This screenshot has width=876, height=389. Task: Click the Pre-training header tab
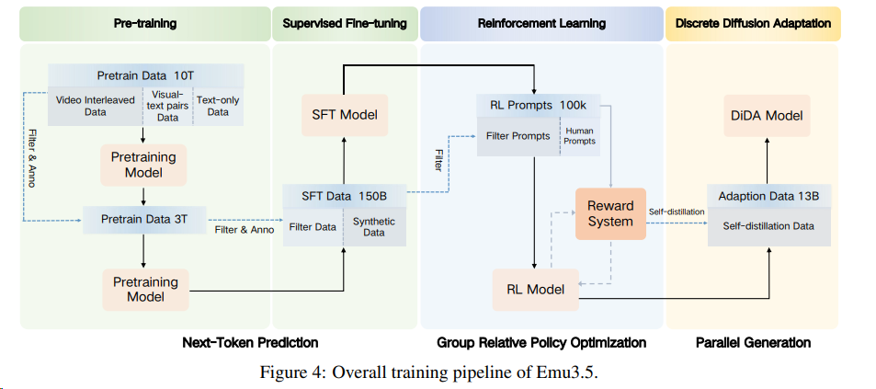(144, 22)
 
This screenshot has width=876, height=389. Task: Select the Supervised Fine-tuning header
(345, 22)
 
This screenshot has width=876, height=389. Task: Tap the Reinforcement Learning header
(541, 22)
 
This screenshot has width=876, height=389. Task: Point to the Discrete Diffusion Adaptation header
(752, 22)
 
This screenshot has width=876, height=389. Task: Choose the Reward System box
(610, 213)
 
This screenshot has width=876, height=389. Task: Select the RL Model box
(536, 289)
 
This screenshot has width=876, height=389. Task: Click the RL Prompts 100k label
(538, 106)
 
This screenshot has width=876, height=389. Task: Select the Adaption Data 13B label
(769, 195)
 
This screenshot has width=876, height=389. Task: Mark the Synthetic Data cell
(373, 227)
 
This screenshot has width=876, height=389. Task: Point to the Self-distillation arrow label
(677, 212)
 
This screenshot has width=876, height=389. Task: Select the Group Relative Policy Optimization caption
(541, 342)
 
